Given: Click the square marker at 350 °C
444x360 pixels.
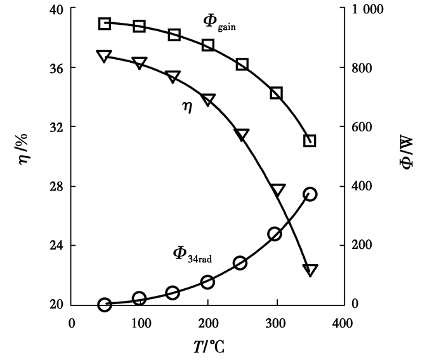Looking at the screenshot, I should (310, 140).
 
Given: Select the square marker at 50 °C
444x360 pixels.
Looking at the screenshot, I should (105, 23).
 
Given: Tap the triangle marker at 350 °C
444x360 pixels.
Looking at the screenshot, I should (310, 270).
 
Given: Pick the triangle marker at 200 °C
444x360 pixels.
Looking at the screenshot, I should (207, 100).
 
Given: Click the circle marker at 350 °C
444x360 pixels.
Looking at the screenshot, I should (310, 194).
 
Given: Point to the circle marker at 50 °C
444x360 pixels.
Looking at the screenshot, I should (105, 305).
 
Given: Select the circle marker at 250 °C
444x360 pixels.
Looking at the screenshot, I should (240, 263).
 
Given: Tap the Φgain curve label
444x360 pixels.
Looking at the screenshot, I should (219, 22).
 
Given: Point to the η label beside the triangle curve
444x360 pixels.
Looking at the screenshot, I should (187, 108).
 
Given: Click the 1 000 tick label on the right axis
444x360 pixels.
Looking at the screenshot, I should (374, 9).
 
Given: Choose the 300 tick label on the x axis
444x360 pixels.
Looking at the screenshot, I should (275, 323).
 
